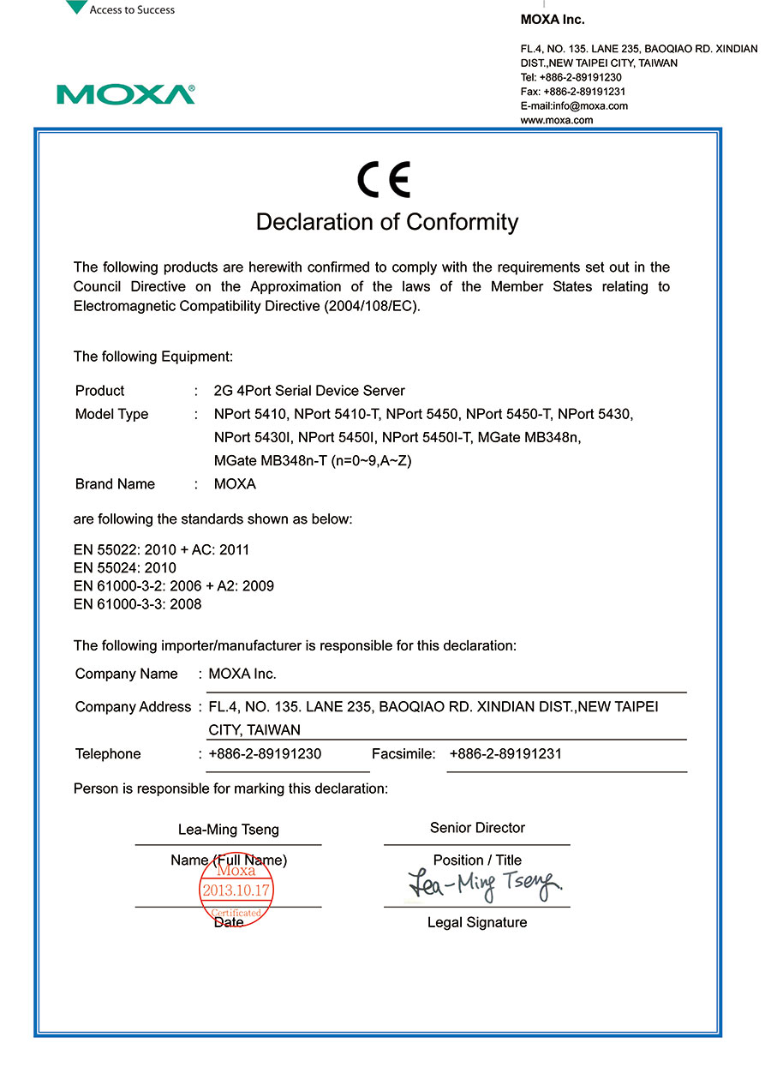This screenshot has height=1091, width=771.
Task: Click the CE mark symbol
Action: pos(384,179)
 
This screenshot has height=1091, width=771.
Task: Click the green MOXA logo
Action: pos(126,94)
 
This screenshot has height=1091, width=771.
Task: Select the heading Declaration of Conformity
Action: pos(387,222)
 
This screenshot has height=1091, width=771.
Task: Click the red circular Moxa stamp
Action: pos(236,890)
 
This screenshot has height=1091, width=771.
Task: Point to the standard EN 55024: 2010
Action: pos(125,568)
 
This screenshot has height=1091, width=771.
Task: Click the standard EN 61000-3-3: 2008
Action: pos(138,604)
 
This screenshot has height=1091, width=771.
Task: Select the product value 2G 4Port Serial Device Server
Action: pos(309,391)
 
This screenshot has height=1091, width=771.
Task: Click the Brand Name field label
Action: pos(115,484)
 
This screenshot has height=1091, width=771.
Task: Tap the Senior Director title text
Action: pos(477,828)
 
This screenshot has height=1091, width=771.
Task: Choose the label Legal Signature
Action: pos(477,923)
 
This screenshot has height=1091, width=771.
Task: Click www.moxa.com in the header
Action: pos(557,121)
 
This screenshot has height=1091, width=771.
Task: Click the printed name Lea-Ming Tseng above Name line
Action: pos(229,830)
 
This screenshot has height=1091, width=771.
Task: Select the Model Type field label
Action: pos(111,415)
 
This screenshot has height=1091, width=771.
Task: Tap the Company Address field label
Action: pos(133,707)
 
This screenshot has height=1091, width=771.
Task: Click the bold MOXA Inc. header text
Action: pos(553,20)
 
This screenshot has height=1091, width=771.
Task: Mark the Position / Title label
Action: pos(477,860)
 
